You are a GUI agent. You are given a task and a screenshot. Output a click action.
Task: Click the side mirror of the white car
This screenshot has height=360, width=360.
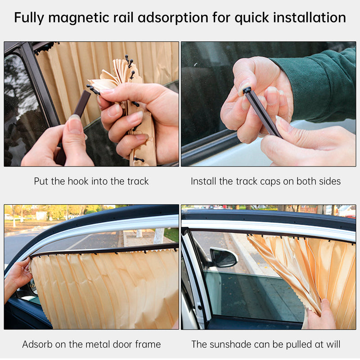(x=224, y=257)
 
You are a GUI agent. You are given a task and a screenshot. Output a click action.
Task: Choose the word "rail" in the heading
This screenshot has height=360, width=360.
(x=140, y=18)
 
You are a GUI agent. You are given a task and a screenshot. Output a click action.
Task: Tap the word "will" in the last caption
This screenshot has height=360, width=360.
(x=333, y=345)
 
